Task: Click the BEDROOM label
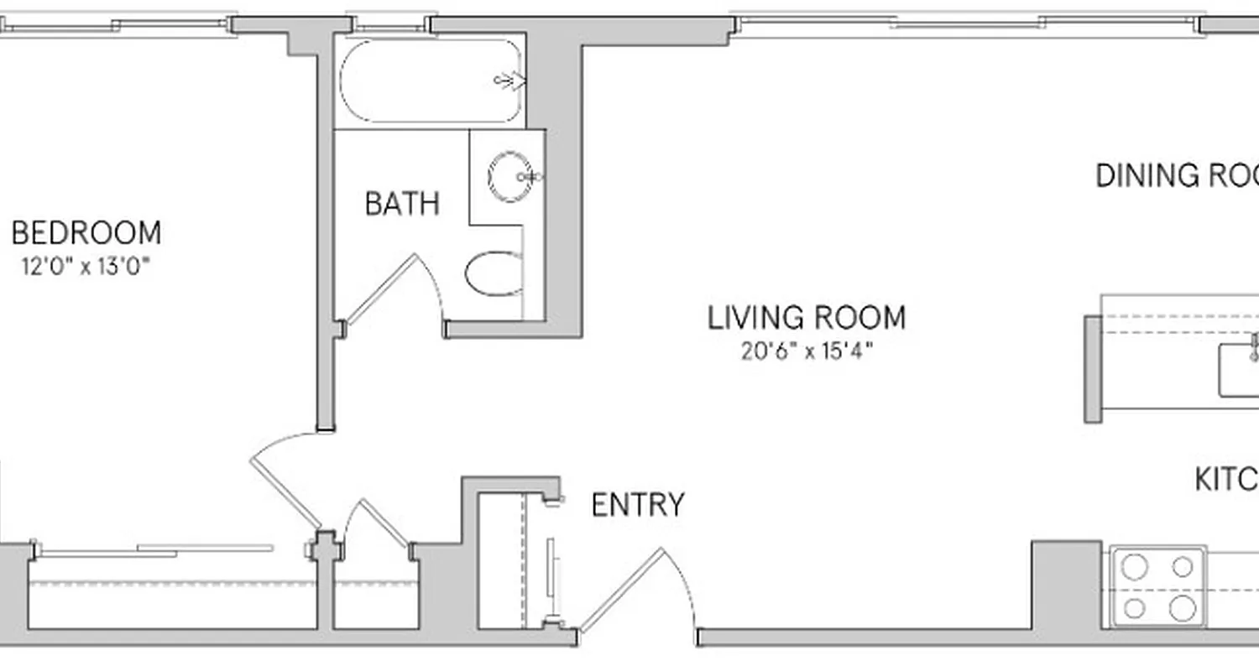(86, 232)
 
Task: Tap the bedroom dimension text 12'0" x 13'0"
(86, 268)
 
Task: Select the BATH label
(402, 204)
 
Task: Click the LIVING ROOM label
(807, 318)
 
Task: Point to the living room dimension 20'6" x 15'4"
(807, 351)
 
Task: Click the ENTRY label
(638, 505)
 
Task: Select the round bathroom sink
(508, 176)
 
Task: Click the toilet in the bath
(494, 273)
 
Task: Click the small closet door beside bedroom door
(378, 524)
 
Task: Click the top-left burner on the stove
(1135, 568)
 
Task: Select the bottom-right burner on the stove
(1182, 607)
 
